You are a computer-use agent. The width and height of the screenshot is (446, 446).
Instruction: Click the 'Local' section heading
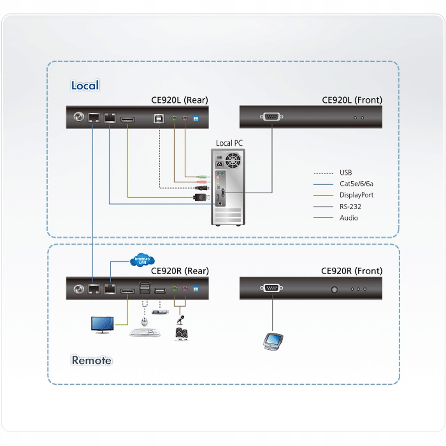[85, 85]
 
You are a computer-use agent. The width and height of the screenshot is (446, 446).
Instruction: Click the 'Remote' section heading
[91, 360]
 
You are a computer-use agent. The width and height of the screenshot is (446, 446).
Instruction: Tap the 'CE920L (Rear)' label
[180, 100]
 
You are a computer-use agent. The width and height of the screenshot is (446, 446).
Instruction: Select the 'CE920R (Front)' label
[352, 271]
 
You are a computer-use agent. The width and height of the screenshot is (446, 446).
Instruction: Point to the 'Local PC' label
[229, 143]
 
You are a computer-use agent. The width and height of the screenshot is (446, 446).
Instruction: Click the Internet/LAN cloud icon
[142, 260]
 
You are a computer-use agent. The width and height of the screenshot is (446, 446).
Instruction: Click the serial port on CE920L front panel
[271, 117]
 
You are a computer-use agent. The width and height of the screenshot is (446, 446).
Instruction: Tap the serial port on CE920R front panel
[272, 288]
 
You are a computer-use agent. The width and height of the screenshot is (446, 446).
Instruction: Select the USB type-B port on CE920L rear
[159, 118]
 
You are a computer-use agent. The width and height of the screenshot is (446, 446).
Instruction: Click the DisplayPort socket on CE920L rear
[127, 119]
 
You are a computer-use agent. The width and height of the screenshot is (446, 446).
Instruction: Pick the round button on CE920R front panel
[334, 289]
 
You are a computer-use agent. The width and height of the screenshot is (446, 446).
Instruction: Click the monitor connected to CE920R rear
[102, 324]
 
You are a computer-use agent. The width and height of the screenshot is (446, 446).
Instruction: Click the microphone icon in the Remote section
[181, 319]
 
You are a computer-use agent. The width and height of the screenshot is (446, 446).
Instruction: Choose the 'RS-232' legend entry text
[350, 207]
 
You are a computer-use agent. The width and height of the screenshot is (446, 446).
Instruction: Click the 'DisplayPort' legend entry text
[356, 195]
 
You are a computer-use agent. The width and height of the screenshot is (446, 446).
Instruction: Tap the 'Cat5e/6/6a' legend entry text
[356, 184]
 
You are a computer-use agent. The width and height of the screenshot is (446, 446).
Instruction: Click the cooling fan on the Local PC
[233, 160]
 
